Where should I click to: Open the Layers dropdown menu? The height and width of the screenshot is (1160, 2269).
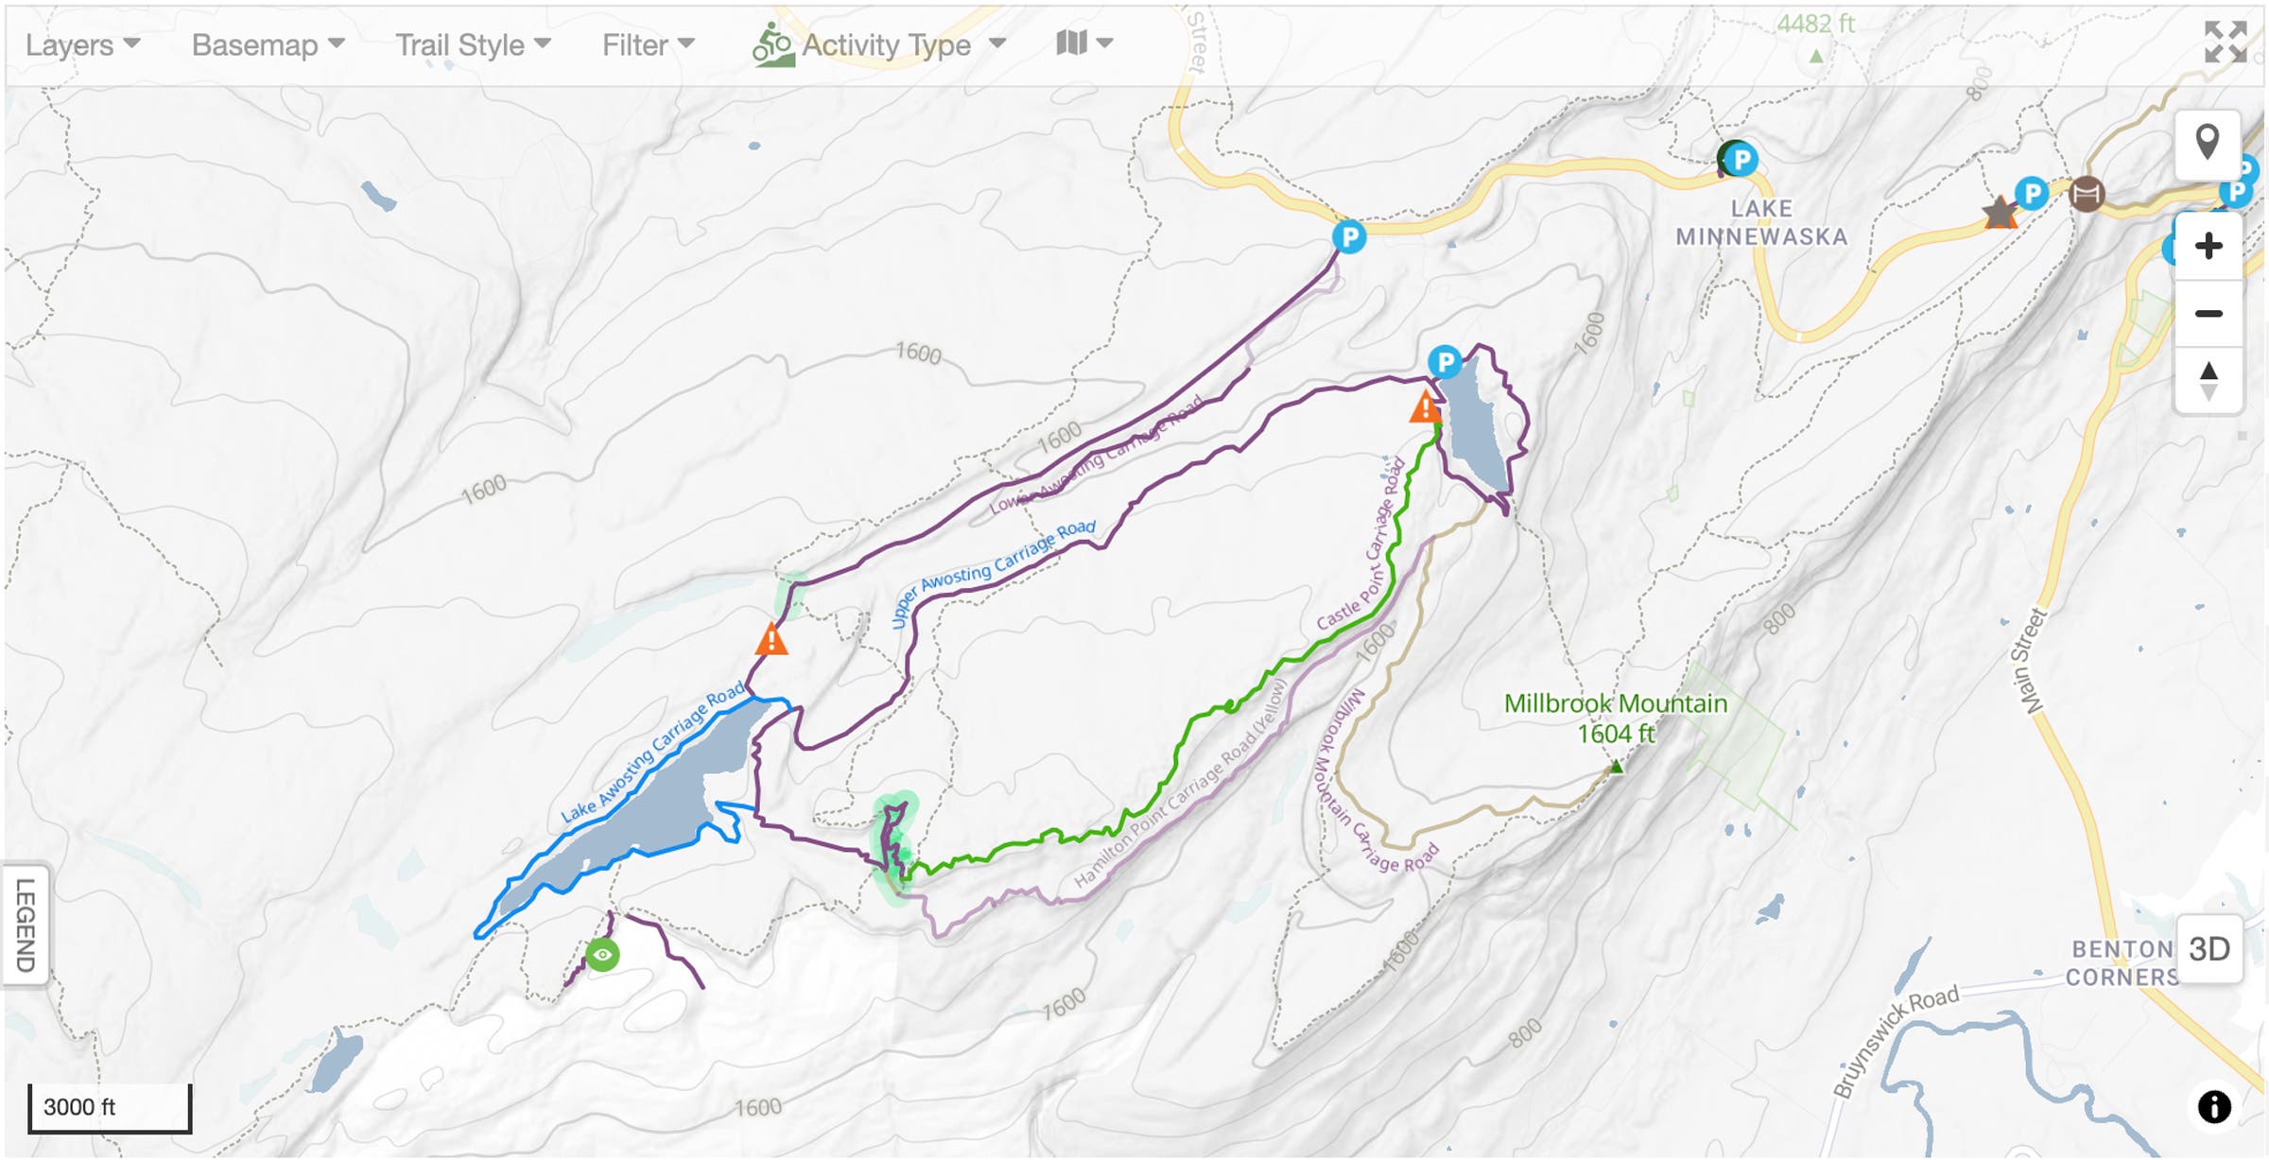(x=82, y=44)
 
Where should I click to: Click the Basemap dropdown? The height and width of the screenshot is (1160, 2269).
(x=268, y=44)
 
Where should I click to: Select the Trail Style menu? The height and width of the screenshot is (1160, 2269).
(x=472, y=44)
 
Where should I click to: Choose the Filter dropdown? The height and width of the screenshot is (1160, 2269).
(x=648, y=44)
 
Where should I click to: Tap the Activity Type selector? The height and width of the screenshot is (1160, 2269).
(x=879, y=44)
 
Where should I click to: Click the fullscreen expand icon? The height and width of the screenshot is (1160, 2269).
(x=2226, y=43)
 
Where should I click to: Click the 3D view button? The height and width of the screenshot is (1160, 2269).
(x=2208, y=949)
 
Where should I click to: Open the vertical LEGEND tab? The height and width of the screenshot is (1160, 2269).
(x=26, y=925)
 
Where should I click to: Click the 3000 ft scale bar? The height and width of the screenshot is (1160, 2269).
(x=109, y=1107)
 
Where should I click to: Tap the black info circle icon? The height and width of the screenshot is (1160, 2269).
(x=2214, y=1106)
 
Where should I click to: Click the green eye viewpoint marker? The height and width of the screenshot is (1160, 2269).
(x=602, y=955)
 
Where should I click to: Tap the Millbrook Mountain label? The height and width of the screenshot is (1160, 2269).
(x=1616, y=718)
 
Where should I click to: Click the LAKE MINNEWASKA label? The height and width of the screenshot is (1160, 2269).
(x=1761, y=222)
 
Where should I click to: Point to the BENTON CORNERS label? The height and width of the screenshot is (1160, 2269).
(x=2122, y=962)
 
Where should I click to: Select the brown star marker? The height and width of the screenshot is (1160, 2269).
(x=2000, y=213)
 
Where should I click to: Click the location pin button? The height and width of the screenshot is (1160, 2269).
(x=2208, y=144)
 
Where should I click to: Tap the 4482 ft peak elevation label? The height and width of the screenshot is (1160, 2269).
(x=1815, y=25)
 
